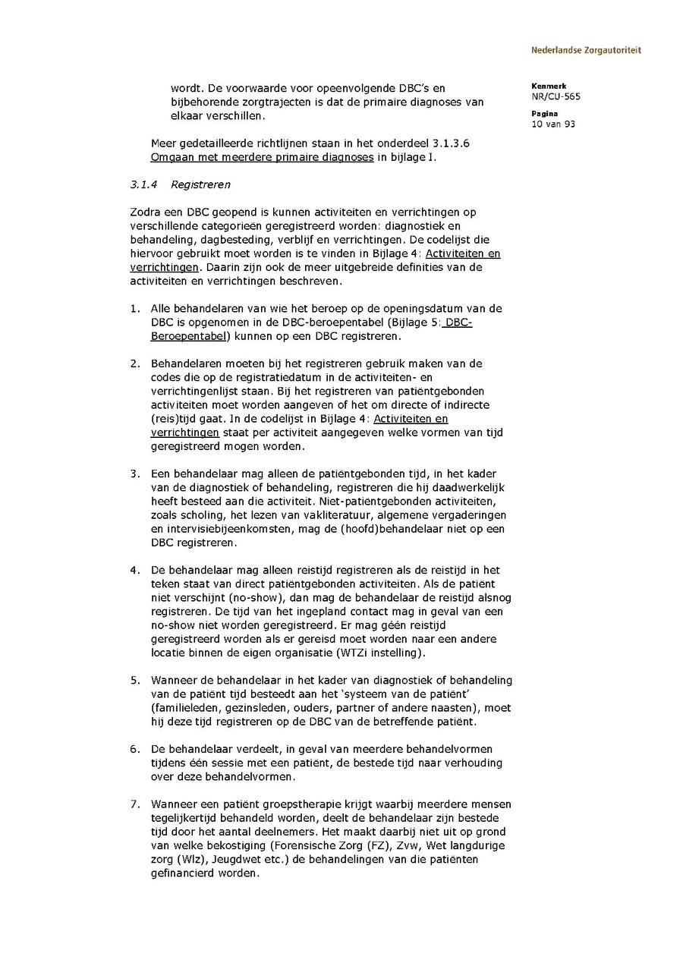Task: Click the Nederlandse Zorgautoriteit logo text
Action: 585,51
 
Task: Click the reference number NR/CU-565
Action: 556,96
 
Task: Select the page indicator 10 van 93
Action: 553,124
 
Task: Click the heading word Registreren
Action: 200,184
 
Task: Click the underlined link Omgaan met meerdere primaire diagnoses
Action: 263,157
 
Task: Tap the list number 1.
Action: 134,309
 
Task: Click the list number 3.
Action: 134,474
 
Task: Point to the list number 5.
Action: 134,680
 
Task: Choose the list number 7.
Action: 134,804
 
